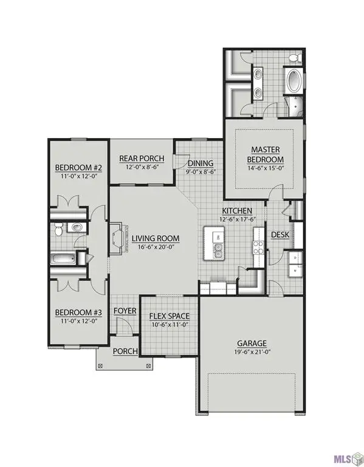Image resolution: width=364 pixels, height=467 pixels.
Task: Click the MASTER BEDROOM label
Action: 264,154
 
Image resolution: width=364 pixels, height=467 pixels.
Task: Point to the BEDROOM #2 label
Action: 78,168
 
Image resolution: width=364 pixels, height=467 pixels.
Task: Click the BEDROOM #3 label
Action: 78,313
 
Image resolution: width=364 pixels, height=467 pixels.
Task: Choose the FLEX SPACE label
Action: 170,316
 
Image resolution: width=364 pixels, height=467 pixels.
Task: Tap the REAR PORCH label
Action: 139,157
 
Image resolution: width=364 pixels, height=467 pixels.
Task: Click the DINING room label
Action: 200,164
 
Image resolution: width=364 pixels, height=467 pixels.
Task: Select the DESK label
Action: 280,235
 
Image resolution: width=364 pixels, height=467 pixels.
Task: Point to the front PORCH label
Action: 125,351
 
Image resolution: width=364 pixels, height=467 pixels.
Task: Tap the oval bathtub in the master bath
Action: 293,81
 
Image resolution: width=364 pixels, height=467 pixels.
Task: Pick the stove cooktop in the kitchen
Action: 258,246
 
